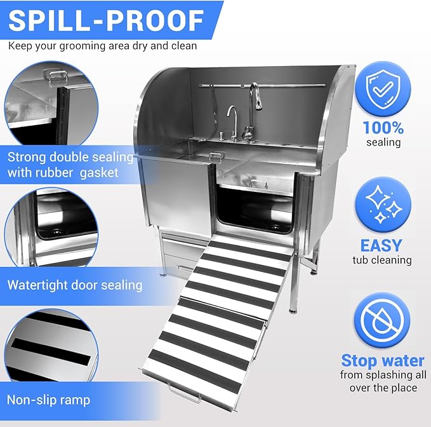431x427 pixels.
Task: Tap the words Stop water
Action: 383,361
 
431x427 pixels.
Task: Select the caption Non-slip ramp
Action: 48,400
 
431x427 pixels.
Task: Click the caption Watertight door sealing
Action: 74,284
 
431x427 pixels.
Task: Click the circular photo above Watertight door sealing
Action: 48,229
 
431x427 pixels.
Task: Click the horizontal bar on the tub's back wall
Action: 267,85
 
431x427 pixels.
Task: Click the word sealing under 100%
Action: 383,142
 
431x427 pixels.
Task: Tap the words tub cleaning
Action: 383,260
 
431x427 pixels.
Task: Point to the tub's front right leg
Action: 293,280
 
